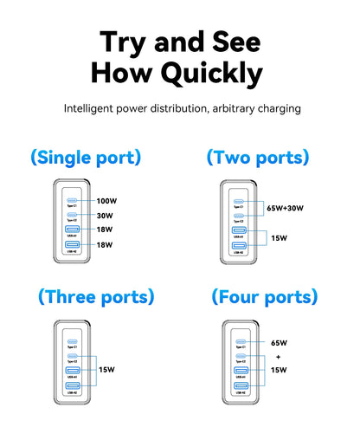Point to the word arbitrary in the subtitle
tap(244, 109)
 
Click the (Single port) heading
tap(85, 158)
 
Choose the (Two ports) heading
tap(257, 158)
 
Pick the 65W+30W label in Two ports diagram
tap(286, 208)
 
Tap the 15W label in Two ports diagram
tap(279, 237)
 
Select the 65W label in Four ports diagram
tap(279, 342)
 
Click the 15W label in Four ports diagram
tap(279, 369)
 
